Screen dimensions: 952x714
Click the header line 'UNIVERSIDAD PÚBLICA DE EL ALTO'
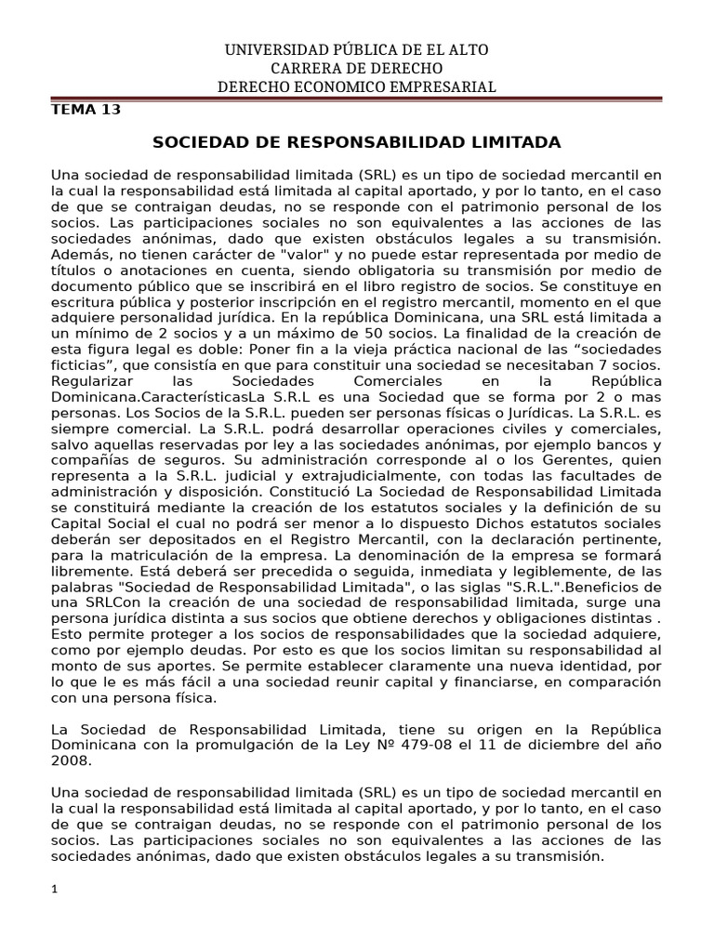click(x=356, y=49)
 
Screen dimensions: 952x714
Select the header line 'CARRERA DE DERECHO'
click(x=356, y=68)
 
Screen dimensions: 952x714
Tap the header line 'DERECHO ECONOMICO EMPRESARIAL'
click(x=356, y=86)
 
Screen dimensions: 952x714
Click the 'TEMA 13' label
click(x=85, y=109)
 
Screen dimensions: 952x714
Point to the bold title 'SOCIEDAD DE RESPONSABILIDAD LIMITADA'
click(x=356, y=142)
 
